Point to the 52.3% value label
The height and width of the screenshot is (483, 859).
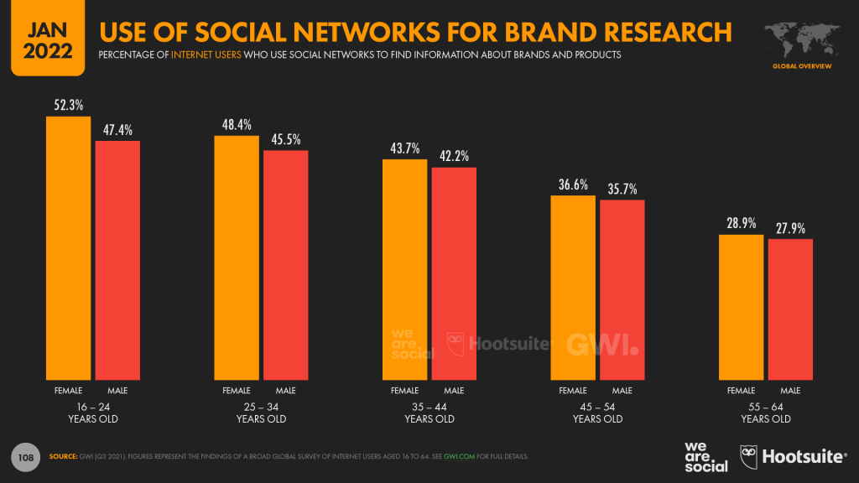pyautogui.click(x=68, y=106)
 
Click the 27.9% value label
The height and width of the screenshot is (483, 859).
pyautogui.click(x=790, y=228)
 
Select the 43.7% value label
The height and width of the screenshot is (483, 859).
pyautogui.click(x=404, y=148)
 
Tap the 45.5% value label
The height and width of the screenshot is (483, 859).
pyautogui.click(x=286, y=140)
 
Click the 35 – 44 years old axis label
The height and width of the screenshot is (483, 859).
pyautogui.click(x=429, y=413)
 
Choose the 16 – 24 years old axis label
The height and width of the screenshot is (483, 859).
pyautogui.click(x=92, y=413)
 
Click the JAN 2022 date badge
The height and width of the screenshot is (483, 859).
pyautogui.click(x=42, y=38)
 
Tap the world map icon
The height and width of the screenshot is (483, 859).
pyautogui.click(x=802, y=36)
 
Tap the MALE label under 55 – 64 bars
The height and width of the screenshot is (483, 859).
pyautogui.click(x=790, y=391)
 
